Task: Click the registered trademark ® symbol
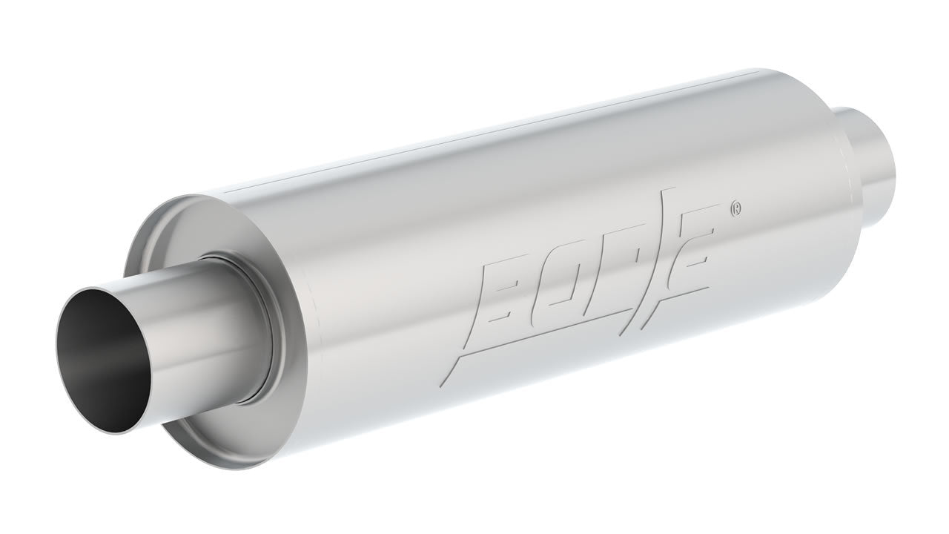(x=735, y=209)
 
